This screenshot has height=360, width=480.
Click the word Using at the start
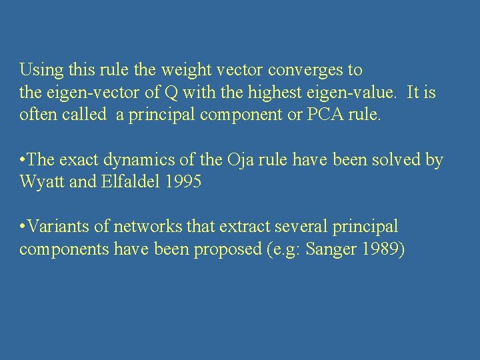coord(37,70)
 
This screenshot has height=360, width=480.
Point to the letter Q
coord(167,93)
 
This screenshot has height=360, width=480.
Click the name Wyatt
coord(41,182)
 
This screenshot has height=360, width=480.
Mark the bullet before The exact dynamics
coord(23,160)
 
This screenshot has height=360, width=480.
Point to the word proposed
coord(227,249)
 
